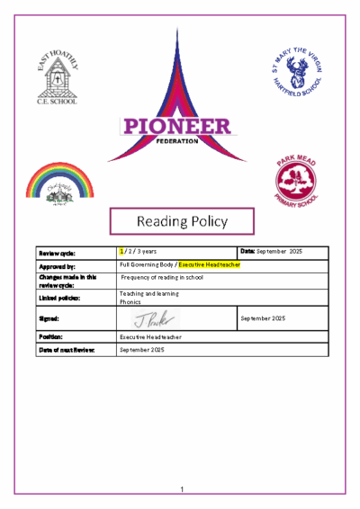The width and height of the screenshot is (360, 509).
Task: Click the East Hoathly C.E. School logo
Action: (x=57, y=77)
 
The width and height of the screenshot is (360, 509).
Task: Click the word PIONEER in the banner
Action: (x=176, y=127)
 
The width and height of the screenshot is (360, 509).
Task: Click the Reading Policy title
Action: (x=182, y=220)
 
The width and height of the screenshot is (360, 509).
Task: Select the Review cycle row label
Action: (x=56, y=253)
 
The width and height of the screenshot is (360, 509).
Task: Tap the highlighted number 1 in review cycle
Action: (x=121, y=252)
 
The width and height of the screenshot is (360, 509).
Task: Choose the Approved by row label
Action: (x=57, y=266)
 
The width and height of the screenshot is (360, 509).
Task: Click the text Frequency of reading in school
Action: (x=161, y=278)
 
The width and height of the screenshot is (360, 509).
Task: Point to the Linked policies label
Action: (x=58, y=297)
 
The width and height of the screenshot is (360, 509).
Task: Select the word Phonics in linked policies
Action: (x=130, y=302)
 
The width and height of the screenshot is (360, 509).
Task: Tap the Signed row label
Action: (x=49, y=318)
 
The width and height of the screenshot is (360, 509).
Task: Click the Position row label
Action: (x=50, y=335)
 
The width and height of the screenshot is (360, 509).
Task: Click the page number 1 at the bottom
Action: (x=181, y=489)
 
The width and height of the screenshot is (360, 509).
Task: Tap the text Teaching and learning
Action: (x=149, y=293)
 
